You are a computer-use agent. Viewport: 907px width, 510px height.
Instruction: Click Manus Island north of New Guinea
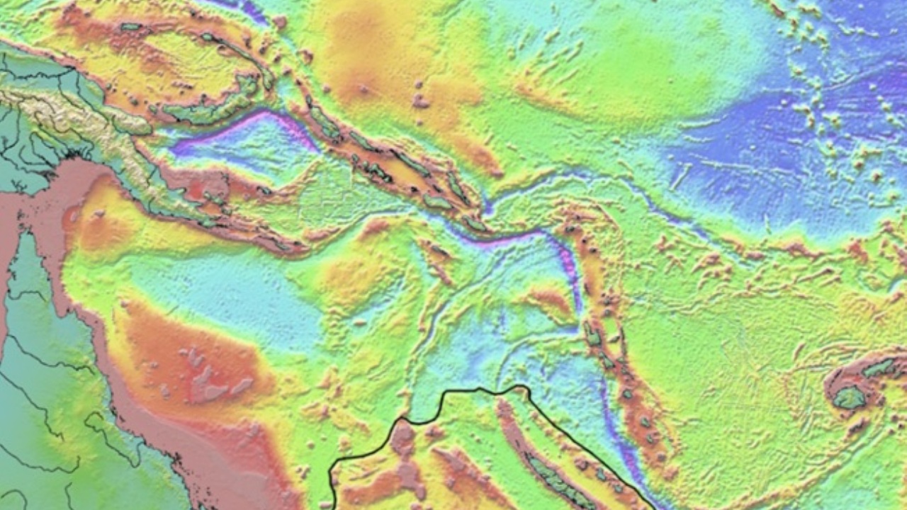tap(130, 27)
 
